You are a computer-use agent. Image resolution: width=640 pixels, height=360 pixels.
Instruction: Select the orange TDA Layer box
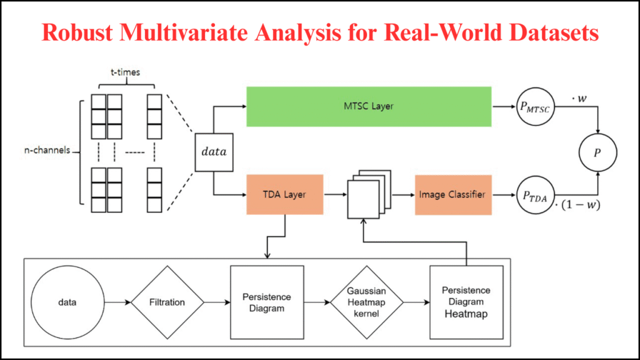click(x=284, y=195)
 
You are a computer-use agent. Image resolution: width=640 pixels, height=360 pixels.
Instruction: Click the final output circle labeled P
click(x=598, y=152)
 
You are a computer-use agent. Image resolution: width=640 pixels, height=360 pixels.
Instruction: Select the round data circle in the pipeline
click(x=67, y=302)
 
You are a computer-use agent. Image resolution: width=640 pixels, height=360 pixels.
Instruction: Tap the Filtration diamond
click(x=167, y=302)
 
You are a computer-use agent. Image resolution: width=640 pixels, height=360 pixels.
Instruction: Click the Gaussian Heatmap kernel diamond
click(x=367, y=302)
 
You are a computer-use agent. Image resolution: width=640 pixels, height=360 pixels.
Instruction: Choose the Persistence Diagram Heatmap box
click(x=466, y=302)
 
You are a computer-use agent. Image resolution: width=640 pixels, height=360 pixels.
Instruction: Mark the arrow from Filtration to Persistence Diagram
click(x=217, y=302)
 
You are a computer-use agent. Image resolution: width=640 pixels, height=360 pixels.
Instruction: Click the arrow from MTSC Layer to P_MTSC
click(x=504, y=107)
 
